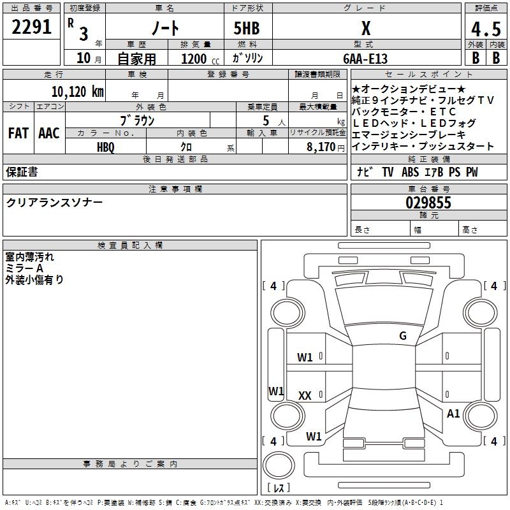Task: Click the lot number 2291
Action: click(x=32, y=27)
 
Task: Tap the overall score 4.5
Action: click(x=485, y=29)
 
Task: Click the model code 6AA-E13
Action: click(x=365, y=58)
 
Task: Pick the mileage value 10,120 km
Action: click(x=77, y=92)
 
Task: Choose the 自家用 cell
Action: click(x=136, y=59)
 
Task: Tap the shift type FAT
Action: click(x=18, y=133)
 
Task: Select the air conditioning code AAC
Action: click(x=48, y=133)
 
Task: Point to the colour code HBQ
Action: click(x=106, y=147)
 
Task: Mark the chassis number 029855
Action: click(x=428, y=203)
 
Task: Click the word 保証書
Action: click(x=22, y=172)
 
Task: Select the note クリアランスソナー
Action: click(x=54, y=203)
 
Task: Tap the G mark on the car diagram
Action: click(x=402, y=336)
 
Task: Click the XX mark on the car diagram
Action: click(x=305, y=396)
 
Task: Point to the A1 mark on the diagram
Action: click(x=453, y=414)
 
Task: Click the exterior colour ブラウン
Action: click(x=137, y=120)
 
